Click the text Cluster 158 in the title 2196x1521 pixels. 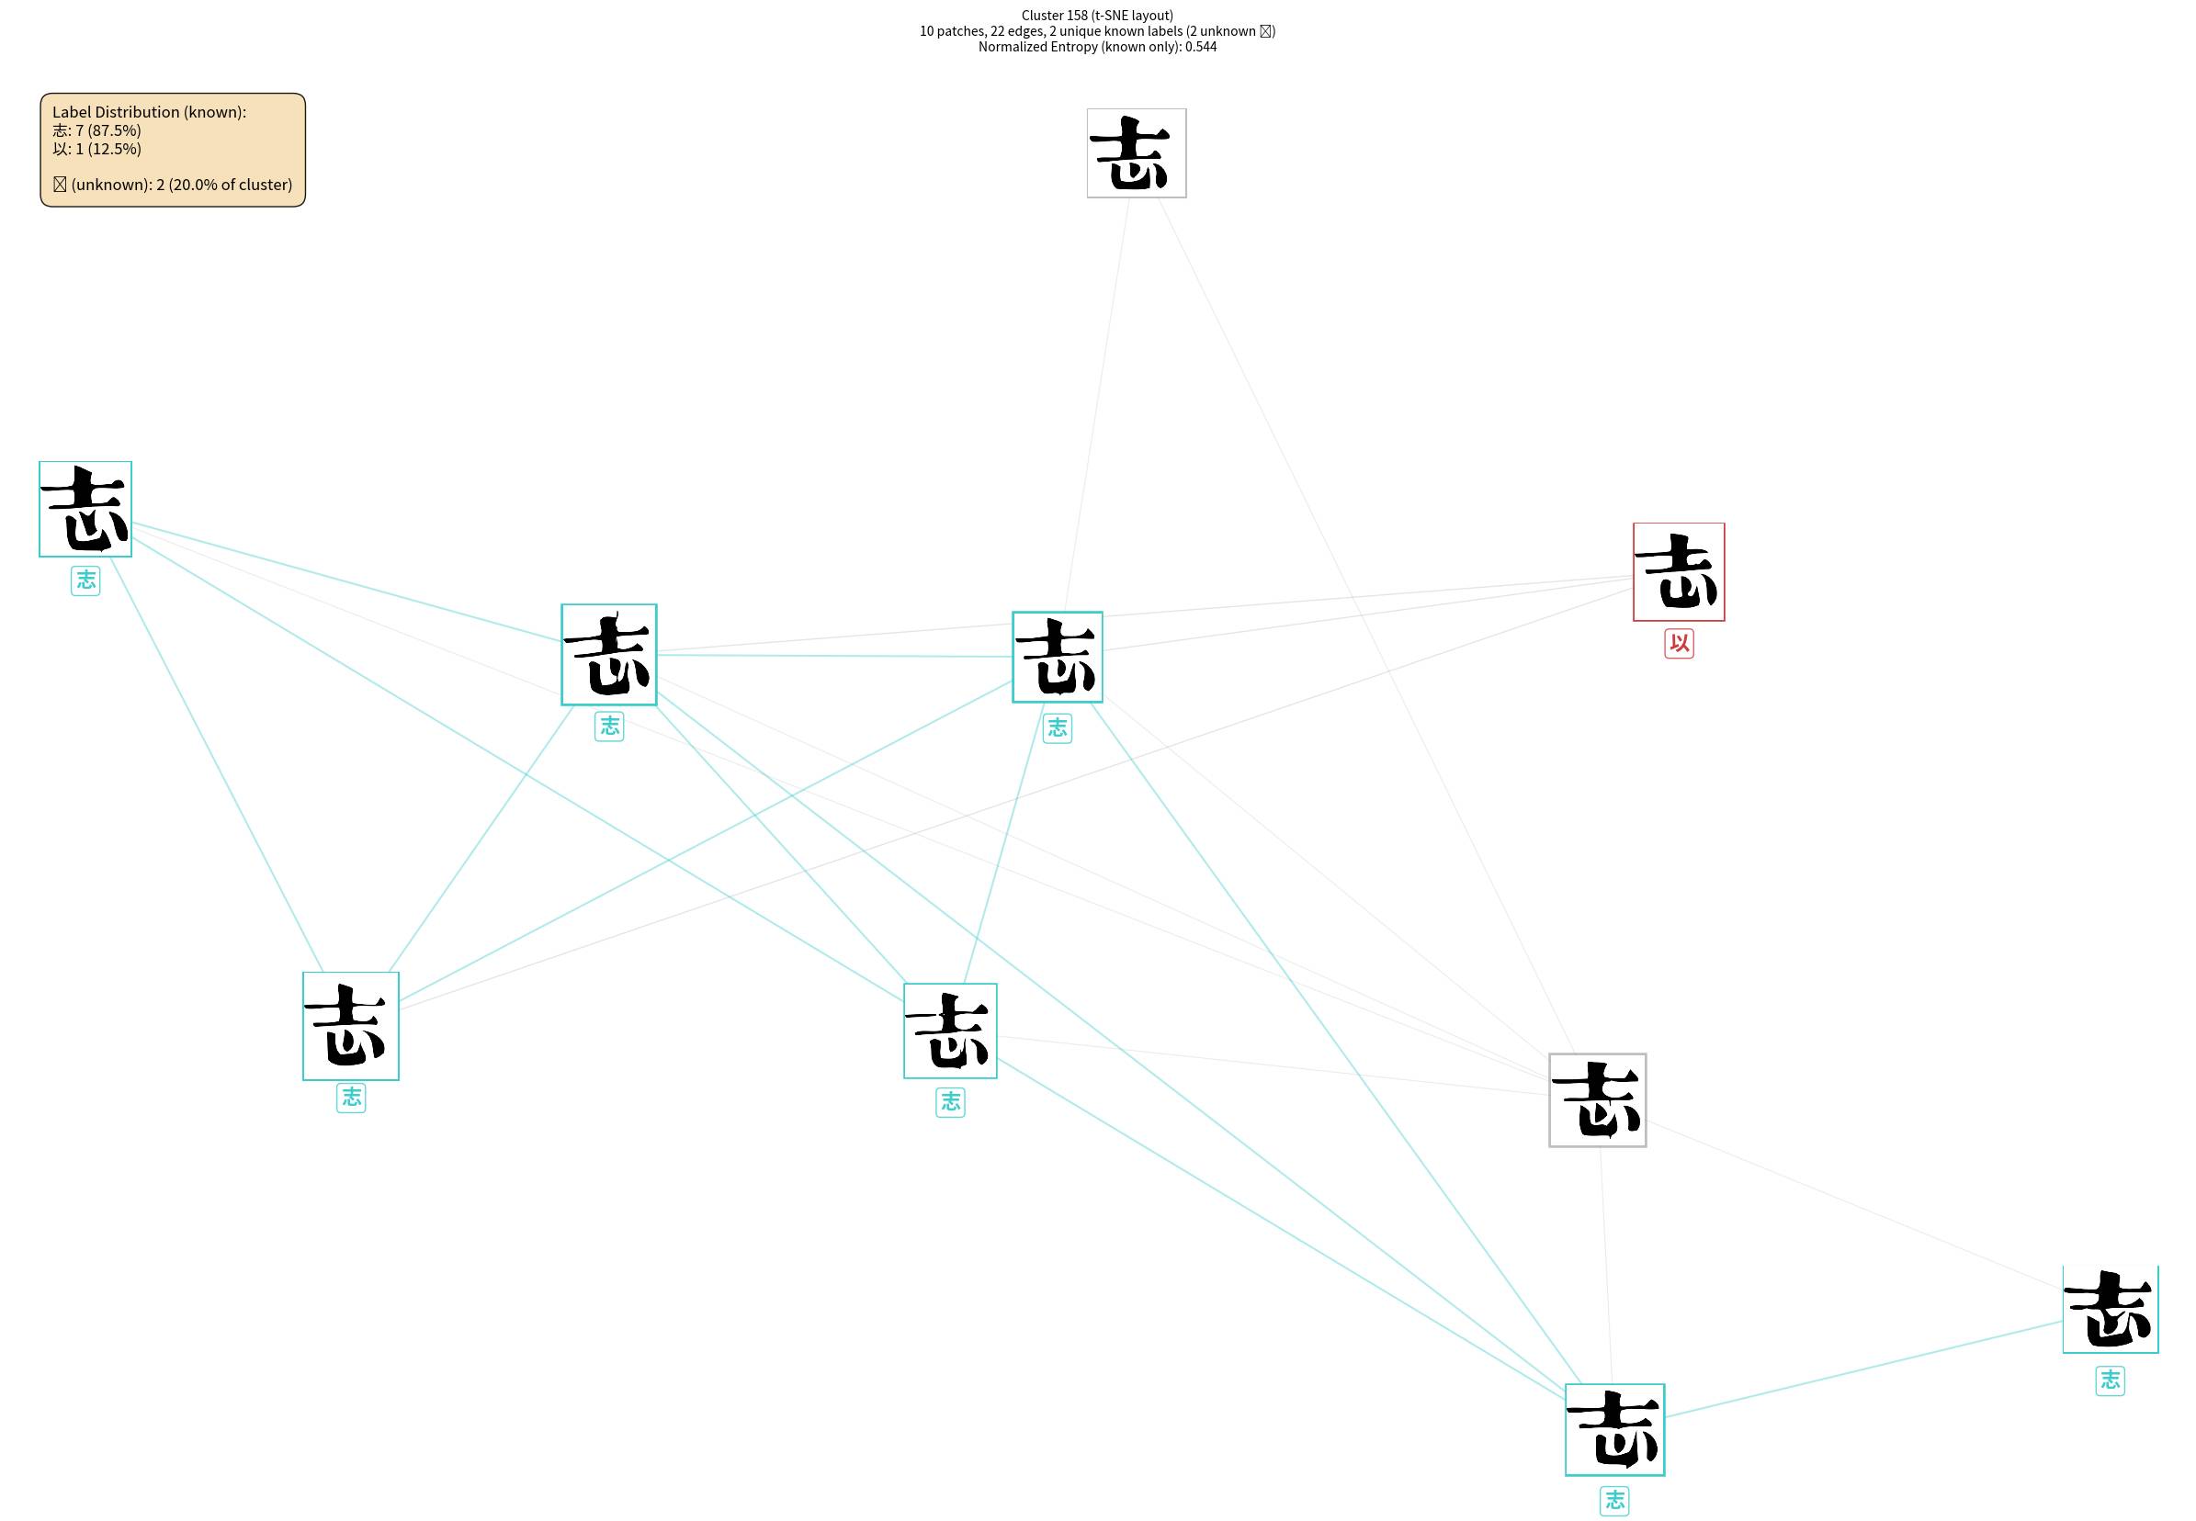click(1054, 16)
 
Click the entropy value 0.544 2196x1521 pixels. click(1201, 47)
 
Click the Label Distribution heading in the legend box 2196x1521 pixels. click(149, 112)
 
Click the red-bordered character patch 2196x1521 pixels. click(1679, 572)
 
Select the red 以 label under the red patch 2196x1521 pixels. click(1679, 644)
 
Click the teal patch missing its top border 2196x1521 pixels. click(2111, 1310)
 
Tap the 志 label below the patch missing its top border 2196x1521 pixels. click(2111, 1380)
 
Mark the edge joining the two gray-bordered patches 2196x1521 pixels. click(1364, 625)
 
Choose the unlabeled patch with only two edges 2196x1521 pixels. click(1136, 153)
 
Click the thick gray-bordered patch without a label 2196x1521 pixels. click(1598, 1099)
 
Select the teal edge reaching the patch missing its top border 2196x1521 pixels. click(1863, 1369)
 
